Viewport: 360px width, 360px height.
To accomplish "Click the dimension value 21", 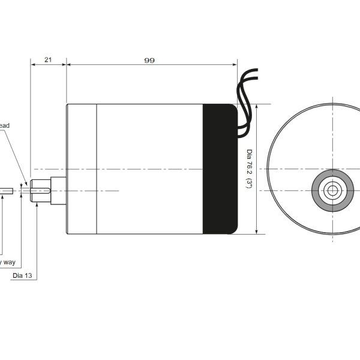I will click(48, 60).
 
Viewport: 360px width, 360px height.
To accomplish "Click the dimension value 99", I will click(149, 60).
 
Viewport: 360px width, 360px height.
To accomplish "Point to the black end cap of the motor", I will click(220, 169).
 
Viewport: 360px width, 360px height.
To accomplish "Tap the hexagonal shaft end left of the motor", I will click(40, 191).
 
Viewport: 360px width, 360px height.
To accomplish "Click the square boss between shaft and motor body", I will click(58, 191).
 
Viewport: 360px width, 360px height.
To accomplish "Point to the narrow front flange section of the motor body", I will click(82, 169).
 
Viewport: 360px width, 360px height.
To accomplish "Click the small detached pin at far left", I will click(7, 191).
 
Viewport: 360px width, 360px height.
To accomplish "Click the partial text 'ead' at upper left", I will click(4, 125).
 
